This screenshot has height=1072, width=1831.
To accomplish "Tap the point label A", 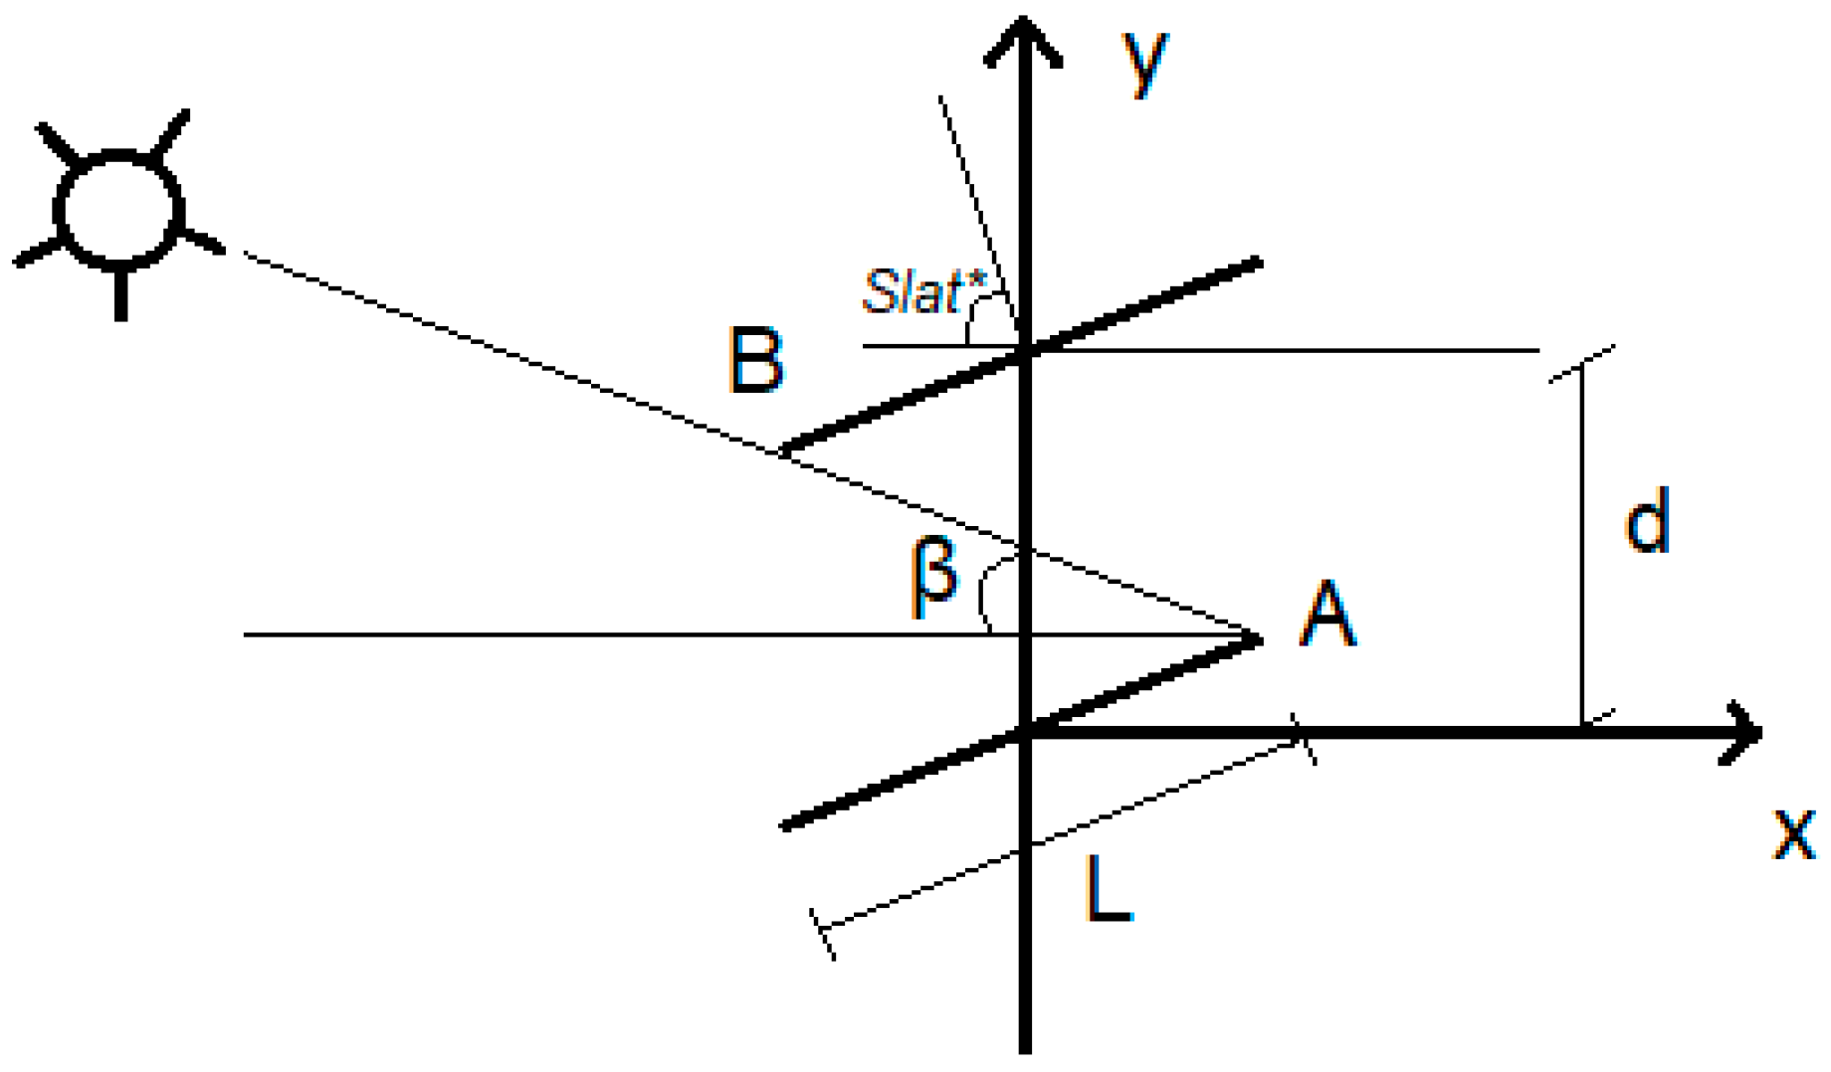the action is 1327,616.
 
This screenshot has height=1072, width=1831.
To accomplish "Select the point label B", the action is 755,360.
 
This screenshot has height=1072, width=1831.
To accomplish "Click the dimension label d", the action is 1647,521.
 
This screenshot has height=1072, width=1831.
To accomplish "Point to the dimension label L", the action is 1107,889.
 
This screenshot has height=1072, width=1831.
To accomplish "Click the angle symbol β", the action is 933,577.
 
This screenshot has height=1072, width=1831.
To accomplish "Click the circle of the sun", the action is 118,211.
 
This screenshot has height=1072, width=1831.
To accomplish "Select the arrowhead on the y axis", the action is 1024,40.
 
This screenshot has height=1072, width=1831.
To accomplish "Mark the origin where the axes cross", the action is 1026,733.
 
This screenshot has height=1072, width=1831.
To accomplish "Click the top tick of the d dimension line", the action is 1582,363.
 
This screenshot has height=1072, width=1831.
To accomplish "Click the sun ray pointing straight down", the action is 120,295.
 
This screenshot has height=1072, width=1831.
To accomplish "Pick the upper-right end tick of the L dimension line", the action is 1304,739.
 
